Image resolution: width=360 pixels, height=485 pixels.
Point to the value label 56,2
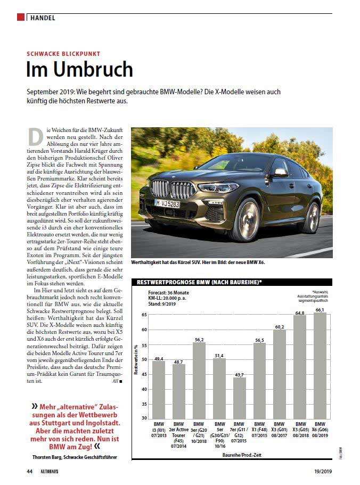(x=199, y=339)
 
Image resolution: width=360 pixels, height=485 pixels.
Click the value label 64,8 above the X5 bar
(x=299, y=313)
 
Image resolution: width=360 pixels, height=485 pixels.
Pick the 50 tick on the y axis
(x=144, y=359)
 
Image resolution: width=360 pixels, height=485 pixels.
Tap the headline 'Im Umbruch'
(x=80, y=70)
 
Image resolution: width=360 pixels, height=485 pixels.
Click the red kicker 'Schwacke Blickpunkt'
(x=63, y=54)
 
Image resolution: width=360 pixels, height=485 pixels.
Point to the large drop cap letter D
(x=35, y=136)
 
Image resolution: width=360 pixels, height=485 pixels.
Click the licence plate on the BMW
(x=167, y=204)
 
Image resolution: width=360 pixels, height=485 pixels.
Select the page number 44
(x=30, y=471)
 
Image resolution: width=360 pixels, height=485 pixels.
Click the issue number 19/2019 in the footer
(x=322, y=471)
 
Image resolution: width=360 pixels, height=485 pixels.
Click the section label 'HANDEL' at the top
(x=43, y=18)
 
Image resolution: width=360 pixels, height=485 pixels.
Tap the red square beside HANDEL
(x=21, y=18)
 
